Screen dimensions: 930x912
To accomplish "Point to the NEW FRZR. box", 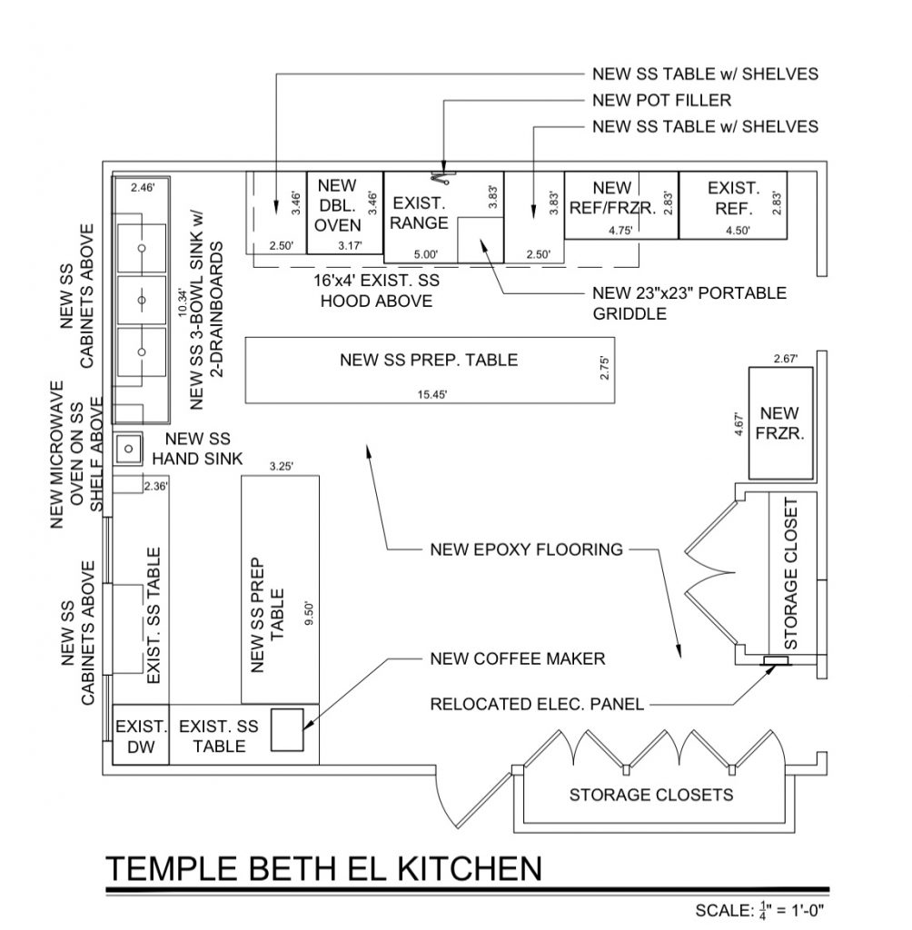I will click(x=779, y=423).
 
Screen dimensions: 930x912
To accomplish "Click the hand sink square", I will click(x=128, y=447).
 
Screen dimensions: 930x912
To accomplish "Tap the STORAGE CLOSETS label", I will click(x=650, y=796).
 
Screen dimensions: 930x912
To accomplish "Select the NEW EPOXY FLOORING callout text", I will click(x=526, y=549).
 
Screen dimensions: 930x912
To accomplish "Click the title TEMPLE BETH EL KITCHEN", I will click(x=323, y=869).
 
